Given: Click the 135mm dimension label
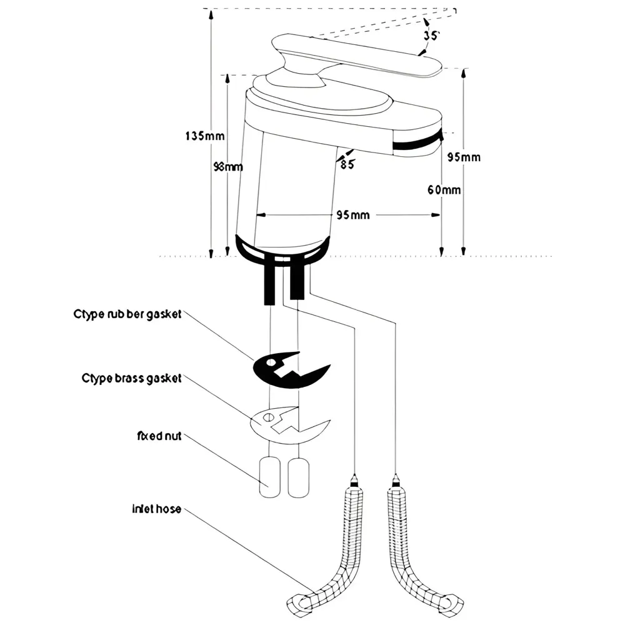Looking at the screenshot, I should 205,136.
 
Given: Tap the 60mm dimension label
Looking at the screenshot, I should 444,190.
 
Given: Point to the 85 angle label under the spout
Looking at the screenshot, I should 347,164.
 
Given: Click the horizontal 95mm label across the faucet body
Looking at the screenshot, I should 352,215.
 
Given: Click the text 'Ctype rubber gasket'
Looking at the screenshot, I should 127,314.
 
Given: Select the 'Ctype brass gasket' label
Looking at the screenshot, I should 131,378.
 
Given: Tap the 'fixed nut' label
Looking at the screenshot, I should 159,436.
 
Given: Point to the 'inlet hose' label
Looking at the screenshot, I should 156,509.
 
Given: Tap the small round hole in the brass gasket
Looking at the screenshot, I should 267,417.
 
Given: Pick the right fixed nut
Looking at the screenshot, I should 299,477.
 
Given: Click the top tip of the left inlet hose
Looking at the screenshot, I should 354,480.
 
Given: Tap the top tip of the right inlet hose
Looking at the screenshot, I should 395,480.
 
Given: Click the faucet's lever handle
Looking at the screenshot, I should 356,57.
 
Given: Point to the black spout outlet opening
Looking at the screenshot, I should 417,144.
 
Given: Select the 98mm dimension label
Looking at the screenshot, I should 228,167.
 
